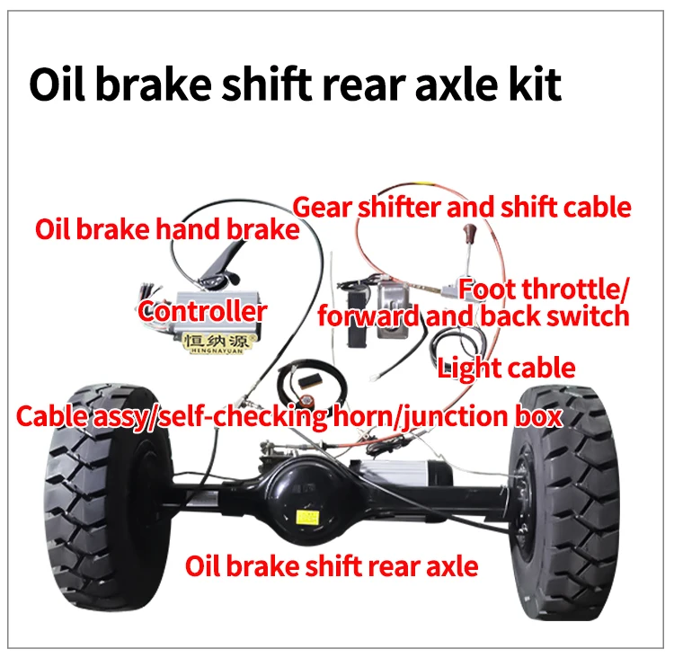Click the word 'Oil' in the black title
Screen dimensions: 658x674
(x=60, y=85)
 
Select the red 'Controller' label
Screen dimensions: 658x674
(x=202, y=312)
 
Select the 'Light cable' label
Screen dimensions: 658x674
(x=506, y=367)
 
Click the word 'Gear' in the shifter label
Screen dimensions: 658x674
(x=321, y=208)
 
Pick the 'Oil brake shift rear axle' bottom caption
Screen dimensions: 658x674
(x=331, y=566)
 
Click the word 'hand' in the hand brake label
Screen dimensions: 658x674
(x=190, y=229)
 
